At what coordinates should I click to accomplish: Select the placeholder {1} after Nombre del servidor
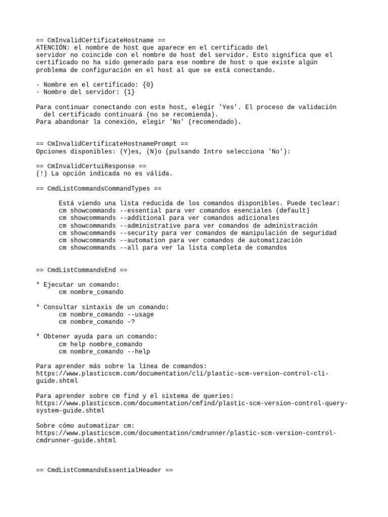point(129,92)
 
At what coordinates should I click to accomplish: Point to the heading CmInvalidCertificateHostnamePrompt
point(112,144)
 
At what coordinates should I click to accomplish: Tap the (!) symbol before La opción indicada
point(41,174)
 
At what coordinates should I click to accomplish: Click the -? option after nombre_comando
point(131,322)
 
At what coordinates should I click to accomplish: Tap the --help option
point(138,351)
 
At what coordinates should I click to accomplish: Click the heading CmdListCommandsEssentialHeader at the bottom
point(104,470)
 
